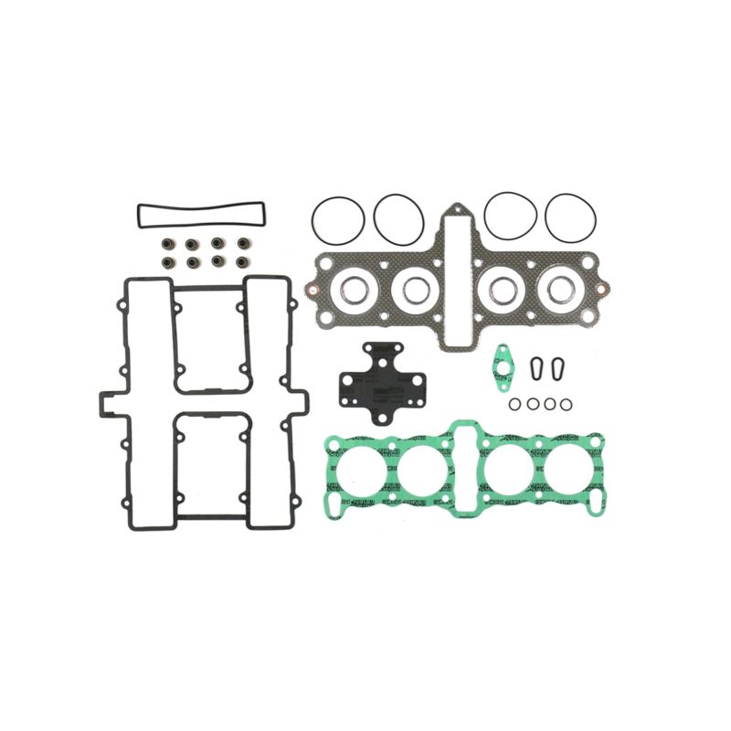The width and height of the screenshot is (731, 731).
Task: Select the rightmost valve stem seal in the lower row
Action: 243,262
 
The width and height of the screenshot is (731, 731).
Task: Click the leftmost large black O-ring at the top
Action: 337,217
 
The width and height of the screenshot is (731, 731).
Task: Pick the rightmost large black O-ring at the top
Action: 571,217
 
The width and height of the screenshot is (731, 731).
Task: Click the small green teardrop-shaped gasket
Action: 501,362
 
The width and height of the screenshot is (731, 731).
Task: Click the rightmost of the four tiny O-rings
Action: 567,403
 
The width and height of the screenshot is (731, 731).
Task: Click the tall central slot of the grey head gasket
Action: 457,274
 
